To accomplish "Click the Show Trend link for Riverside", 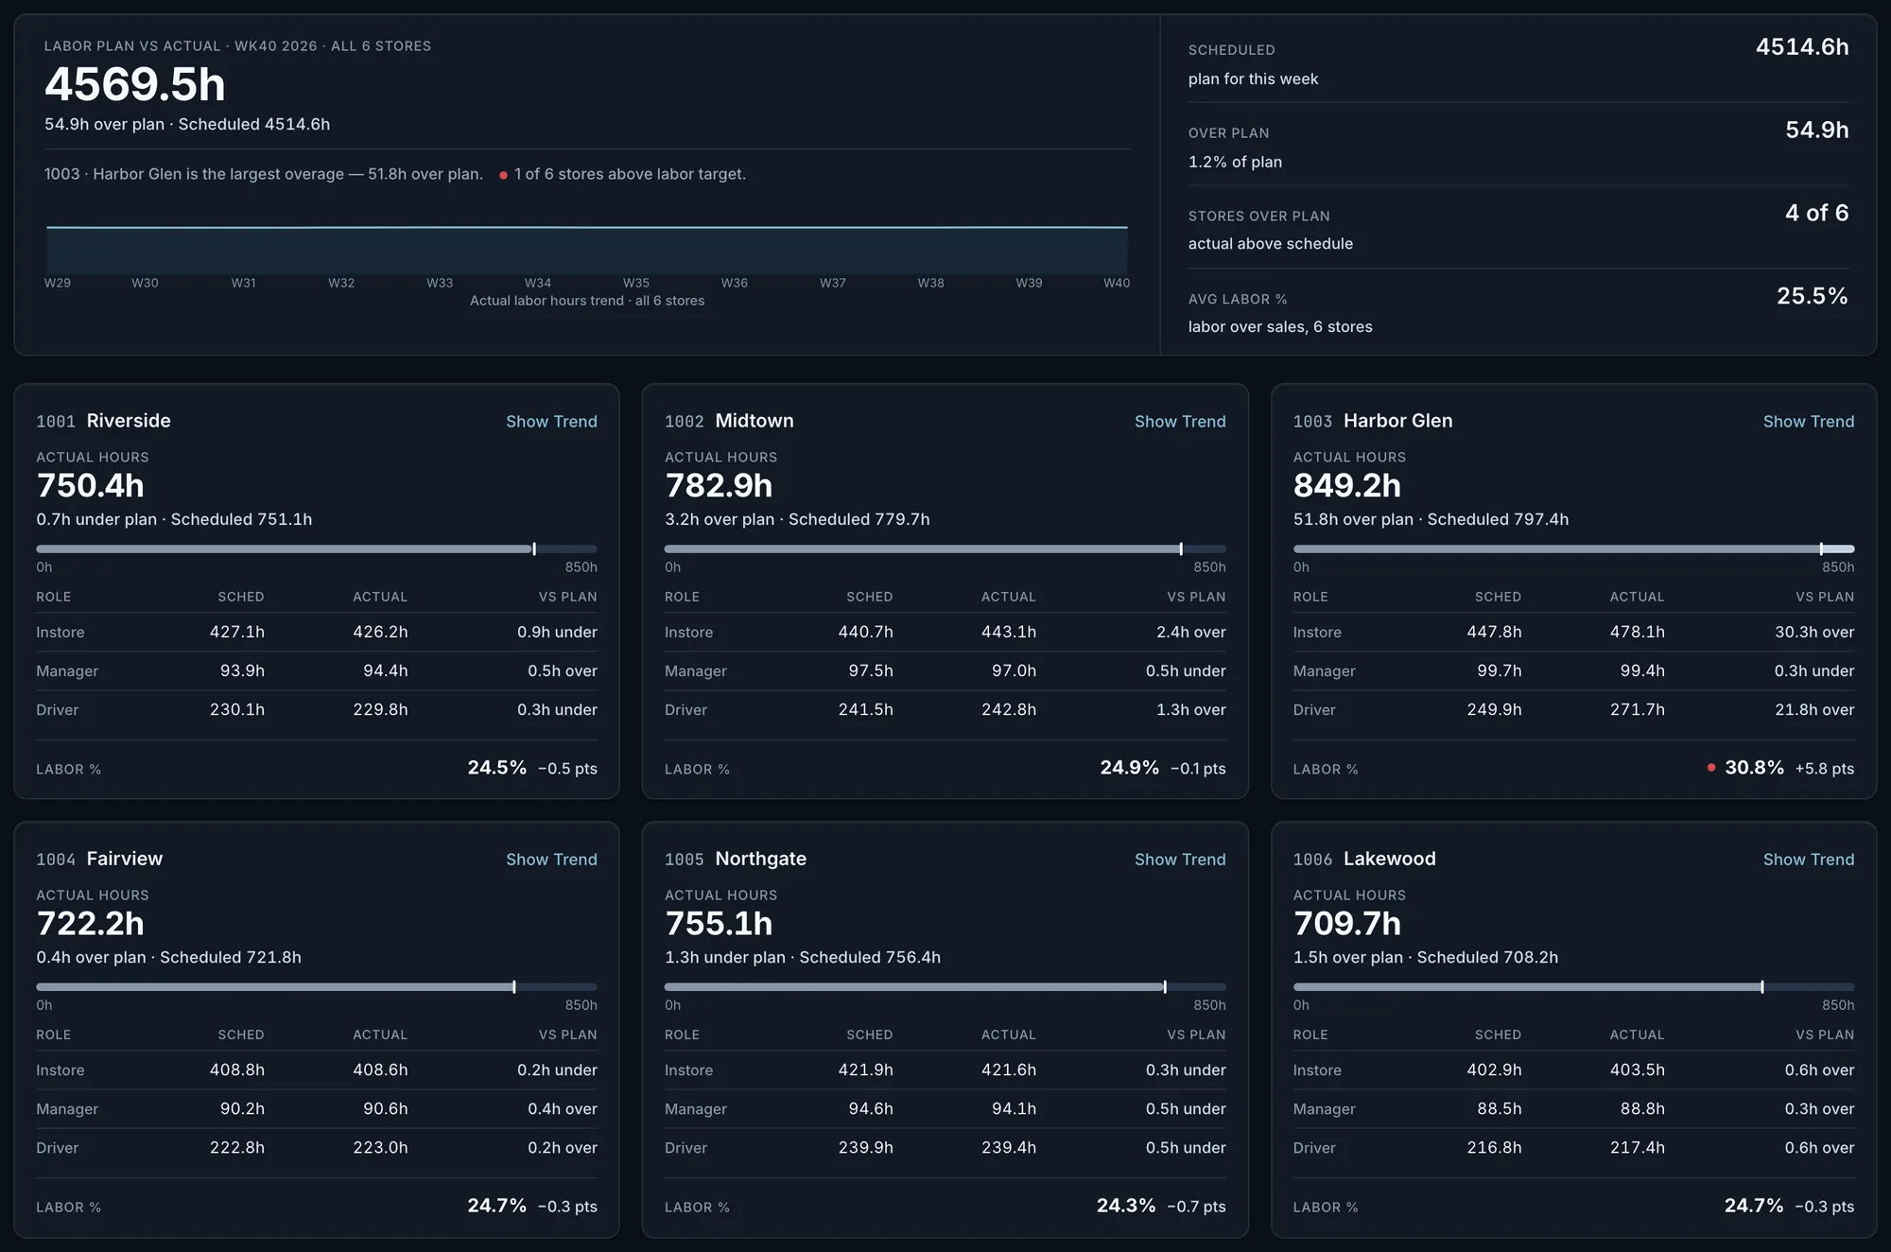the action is click(x=551, y=422).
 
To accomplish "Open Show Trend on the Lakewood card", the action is click(x=1808, y=860).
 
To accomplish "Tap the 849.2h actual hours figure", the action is click(x=1347, y=486).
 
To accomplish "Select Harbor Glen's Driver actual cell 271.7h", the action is click(x=1638, y=709).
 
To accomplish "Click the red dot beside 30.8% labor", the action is click(x=1711, y=768).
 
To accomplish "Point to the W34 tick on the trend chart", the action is click(x=538, y=283).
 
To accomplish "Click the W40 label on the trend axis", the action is click(x=1117, y=283).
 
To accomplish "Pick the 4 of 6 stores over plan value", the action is click(x=1816, y=213).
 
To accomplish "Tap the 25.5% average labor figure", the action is click(x=1812, y=296).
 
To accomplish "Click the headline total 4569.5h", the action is click(x=135, y=84).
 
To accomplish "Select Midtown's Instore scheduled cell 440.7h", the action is click(x=865, y=632).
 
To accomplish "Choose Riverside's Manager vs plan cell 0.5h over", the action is click(x=563, y=670).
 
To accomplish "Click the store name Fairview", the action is click(x=125, y=859).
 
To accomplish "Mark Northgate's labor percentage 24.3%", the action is click(x=1126, y=1206).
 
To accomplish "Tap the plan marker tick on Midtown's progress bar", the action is click(x=1181, y=549).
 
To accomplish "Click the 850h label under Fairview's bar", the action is click(x=581, y=1005).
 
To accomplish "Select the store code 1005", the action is click(x=684, y=860).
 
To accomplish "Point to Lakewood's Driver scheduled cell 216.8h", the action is click(x=1494, y=1147).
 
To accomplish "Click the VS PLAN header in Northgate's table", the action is click(x=1196, y=1035).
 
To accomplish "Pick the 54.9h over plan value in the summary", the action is click(x=1816, y=130).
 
